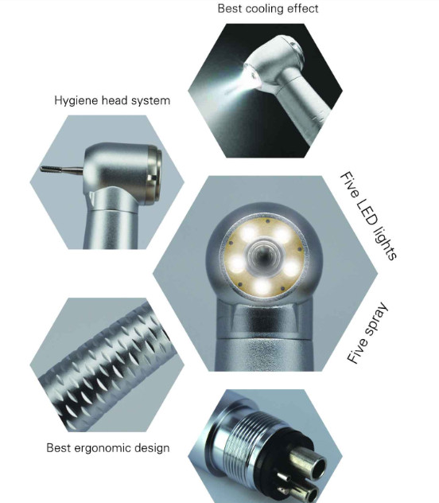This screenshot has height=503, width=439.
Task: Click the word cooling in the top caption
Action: [262, 9]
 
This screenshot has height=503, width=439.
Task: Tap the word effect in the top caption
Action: [302, 8]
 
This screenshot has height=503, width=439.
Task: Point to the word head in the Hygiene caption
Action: [115, 100]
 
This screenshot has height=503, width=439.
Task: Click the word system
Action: [150, 101]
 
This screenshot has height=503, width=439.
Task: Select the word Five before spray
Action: [356, 352]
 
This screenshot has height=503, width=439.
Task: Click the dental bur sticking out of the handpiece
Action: [62, 169]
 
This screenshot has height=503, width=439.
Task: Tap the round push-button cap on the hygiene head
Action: [153, 175]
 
